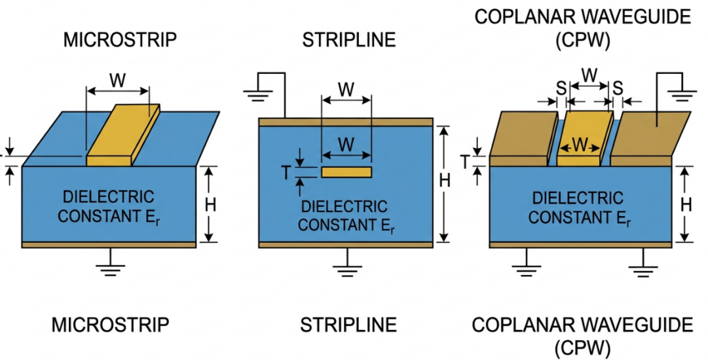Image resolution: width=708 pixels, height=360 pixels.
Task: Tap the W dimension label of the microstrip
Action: [x=117, y=81]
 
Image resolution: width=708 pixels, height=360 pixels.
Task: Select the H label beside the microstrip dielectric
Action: [x=210, y=204]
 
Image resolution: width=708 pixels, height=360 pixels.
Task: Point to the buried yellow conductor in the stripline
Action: [x=346, y=172]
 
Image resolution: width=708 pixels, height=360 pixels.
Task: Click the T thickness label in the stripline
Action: [x=286, y=172]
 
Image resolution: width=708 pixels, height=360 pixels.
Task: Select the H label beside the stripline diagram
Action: [x=445, y=181]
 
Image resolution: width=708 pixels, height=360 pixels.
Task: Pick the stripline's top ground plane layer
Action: [x=346, y=122]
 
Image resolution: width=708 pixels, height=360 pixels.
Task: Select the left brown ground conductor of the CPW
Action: [x=521, y=137]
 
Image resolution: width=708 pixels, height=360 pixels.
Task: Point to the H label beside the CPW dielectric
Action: [x=686, y=204]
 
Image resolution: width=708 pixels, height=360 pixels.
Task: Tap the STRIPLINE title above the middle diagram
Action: [x=348, y=40]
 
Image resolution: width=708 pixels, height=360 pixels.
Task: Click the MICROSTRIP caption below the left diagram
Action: [x=110, y=325]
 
